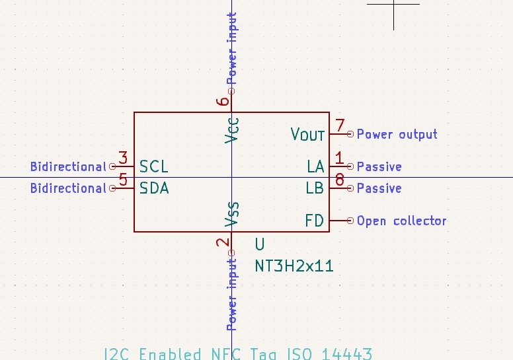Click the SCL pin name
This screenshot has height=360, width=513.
click(x=154, y=166)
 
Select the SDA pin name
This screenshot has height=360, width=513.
click(x=154, y=188)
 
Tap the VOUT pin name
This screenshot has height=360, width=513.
click(x=308, y=134)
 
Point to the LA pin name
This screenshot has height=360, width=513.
click(x=315, y=166)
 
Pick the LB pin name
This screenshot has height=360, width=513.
click(x=315, y=188)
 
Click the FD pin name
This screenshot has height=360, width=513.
click(x=315, y=221)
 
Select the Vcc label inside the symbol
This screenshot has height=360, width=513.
click(x=231, y=129)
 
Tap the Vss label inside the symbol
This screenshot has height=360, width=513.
click(x=231, y=215)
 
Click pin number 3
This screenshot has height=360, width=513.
click(x=123, y=159)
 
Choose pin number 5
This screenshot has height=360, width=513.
click(x=123, y=180)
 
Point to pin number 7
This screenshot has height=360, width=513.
click(x=340, y=126)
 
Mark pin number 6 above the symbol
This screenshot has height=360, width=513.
click(x=223, y=101)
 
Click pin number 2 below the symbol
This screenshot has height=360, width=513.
click(x=223, y=242)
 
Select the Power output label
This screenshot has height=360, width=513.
click(x=397, y=134)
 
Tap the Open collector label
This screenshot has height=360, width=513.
click(x=401, y=221)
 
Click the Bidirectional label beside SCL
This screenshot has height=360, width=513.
click(x=68, y=166)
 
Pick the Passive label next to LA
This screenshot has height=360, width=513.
click(x=379, y=166)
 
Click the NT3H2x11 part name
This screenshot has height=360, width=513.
click(x=294, y=266)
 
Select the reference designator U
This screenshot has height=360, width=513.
click(x=260, y=245)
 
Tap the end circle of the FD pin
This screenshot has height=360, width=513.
click(x=350, y=221)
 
